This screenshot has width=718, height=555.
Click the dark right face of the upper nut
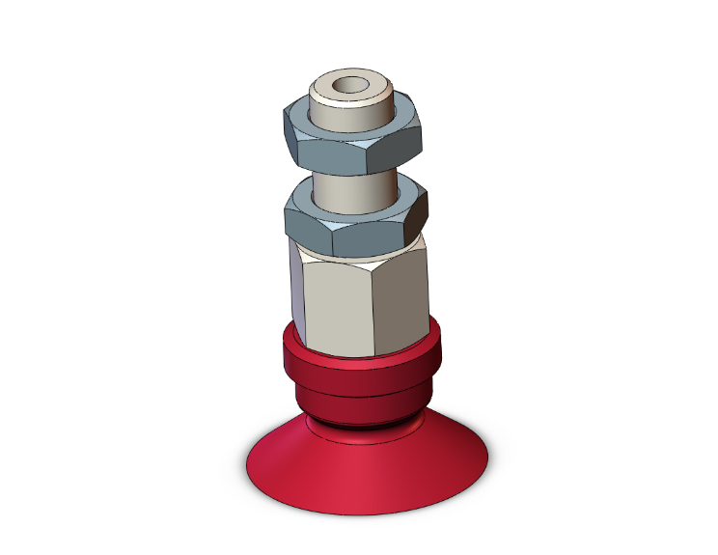398,148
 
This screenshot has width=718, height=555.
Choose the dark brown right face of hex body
400,299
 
